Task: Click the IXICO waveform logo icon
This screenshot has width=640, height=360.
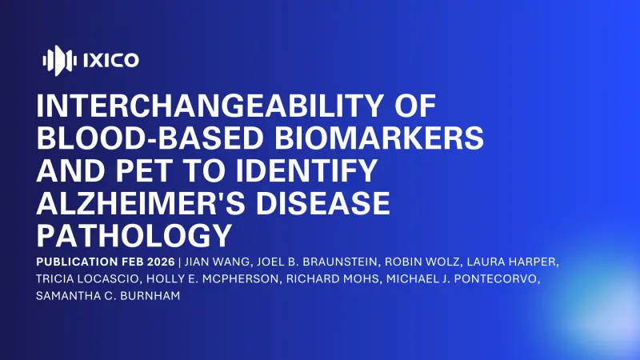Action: [x=58, y=59]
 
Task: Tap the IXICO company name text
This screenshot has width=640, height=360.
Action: [x=110, y=59]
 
